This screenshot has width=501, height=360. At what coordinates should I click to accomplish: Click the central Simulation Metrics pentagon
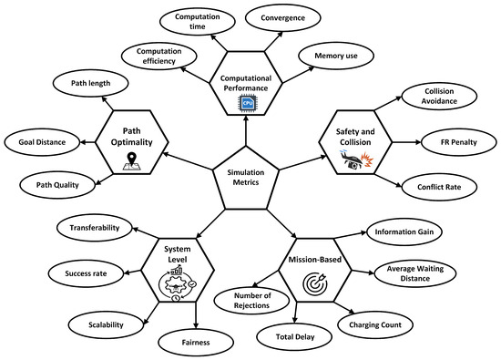click(246, 179)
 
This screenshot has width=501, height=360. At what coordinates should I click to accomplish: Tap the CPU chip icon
click(247, 103)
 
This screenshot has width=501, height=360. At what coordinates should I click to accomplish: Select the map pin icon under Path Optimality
click(132, 161)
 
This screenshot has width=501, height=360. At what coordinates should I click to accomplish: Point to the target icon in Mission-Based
click(315, 283)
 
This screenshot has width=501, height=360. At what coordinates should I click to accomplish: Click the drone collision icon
click(356, 159)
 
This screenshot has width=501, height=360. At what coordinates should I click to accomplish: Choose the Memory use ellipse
click(336, 56)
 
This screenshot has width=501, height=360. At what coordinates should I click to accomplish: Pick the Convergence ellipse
click(282, 18)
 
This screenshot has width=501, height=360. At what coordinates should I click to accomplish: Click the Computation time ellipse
click(197, 21)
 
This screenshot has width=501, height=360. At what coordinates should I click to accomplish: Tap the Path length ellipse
click(90, 83)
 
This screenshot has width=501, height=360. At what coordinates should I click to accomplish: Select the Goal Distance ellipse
click(42, 142)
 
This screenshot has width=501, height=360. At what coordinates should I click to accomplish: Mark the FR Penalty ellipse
click(459, 142)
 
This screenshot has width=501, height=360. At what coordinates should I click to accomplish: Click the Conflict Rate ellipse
click(439, 187)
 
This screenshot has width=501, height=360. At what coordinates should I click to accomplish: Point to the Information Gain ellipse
click(404, 231)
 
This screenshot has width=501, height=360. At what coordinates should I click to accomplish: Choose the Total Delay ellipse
click(295, 336)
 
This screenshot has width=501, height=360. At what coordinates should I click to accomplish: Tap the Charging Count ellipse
click(375, 324)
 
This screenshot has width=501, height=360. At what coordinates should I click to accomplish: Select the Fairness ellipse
click(196, 343)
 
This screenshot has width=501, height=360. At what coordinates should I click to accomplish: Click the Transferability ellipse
click(94, 228)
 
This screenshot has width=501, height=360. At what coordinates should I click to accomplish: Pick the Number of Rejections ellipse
click(251, 300)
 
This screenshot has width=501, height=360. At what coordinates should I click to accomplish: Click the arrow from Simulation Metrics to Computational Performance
click(246, 130)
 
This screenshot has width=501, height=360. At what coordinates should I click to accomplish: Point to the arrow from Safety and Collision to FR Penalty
click(407, 142)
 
